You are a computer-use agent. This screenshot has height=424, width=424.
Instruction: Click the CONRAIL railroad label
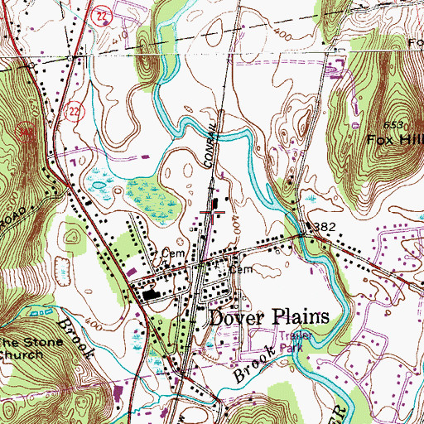pyautogui.click(x=211, y=140)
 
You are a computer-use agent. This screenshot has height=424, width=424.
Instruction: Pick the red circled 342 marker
pyautogui.click(x=26, y=129)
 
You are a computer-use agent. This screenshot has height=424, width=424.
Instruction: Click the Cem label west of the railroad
pyautogui.click(x=171, y=253)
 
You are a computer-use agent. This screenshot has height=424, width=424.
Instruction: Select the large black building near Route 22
pyautogui.click(x=151, y=294)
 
